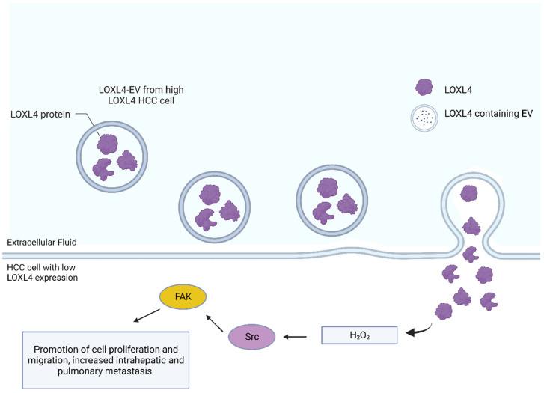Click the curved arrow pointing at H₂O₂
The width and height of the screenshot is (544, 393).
(421, 326)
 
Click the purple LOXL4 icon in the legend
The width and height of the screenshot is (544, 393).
(424, 88)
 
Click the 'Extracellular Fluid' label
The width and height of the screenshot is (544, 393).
(42, 242)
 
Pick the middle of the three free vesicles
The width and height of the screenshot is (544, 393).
(213, 204)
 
